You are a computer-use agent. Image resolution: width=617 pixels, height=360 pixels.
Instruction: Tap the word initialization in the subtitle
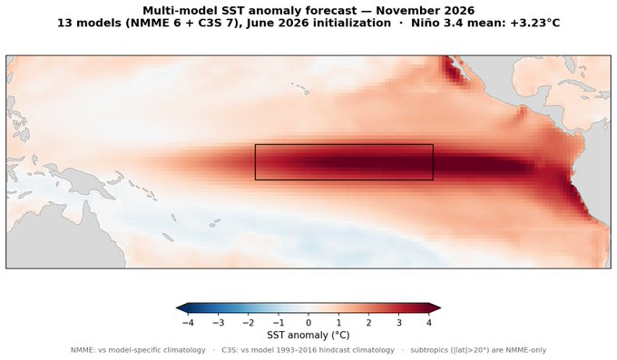coord(352,24)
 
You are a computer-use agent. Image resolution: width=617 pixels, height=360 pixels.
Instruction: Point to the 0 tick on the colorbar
coord(308,323)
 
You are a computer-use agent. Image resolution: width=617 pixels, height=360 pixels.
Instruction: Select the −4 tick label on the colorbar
coord(188,323)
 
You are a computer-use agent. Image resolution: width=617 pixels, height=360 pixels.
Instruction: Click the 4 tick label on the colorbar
coord(429,323)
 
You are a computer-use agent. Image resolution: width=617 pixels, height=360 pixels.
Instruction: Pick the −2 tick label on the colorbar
coord(249,323)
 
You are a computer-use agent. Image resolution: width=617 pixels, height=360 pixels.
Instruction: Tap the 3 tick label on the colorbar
coord(399,323)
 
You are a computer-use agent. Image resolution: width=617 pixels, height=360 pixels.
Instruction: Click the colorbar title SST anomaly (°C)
coord(308,336)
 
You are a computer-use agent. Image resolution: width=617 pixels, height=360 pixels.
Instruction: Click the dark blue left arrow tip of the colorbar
coord(177,308)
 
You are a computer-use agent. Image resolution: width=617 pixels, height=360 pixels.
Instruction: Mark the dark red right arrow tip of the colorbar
coord(440,308)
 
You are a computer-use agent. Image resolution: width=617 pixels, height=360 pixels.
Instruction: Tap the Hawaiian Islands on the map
coord(301,88)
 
